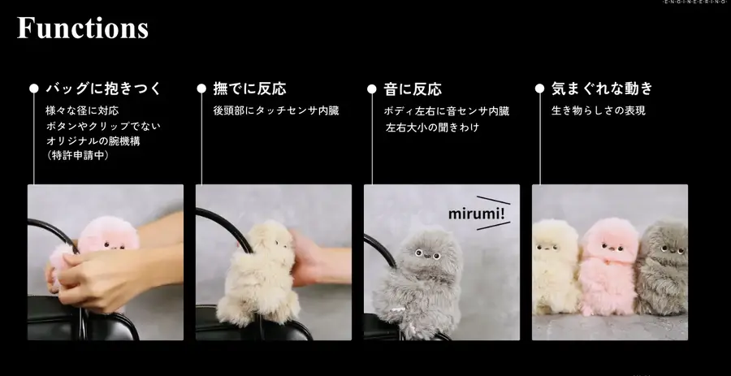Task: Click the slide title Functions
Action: [83, 28]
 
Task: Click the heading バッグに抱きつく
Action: [103, 89]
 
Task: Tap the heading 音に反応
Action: [412, 89]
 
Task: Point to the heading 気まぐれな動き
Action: [602, 89]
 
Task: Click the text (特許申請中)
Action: [77, 156]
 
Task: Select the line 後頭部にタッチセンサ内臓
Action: [275, 110]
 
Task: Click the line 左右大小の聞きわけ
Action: [432, 127]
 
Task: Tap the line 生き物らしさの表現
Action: [599, 110]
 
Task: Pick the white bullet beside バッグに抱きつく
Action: [34, 89]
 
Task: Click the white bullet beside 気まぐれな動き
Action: [539, 89]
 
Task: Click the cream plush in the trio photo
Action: [556, 264]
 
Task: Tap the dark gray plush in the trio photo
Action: [663, 264]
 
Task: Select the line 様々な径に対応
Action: [83, 110]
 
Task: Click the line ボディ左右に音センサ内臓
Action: [446, 110]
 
